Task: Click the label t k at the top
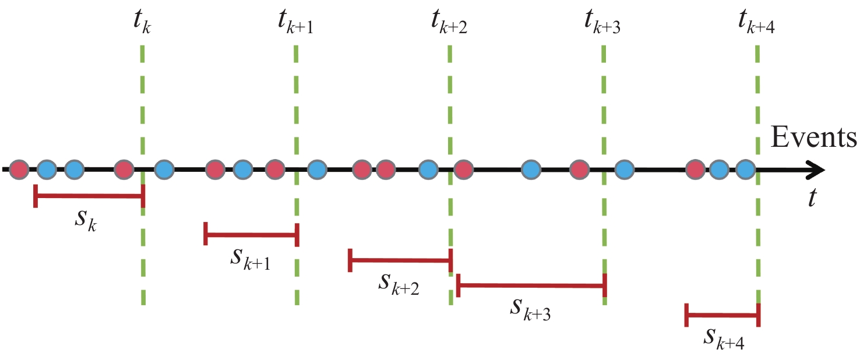tap(142, 22)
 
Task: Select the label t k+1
tap(295, 22)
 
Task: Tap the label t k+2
tap(449, 22)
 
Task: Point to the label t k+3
tap(602, 22)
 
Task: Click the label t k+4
tap(756, 22)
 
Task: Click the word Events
tap(813, 137)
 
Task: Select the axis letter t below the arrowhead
tap(812, 197)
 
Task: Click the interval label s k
tap(86, 220)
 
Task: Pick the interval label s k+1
tap(251, 259)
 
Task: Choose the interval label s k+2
tap(399, 284)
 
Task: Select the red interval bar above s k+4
tap(722, 315)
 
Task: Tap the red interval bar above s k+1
tap(252, 234)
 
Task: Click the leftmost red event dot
tap(19, 170)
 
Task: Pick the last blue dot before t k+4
tap(746, 170)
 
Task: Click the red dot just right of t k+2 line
tap(463, 170)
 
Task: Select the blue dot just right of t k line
tap(164, 170)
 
